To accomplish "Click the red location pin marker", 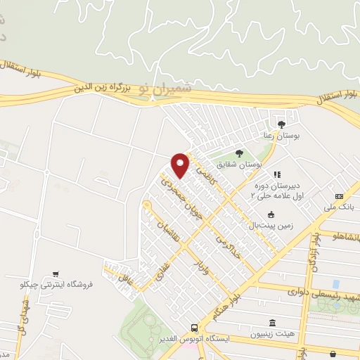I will (181, 165).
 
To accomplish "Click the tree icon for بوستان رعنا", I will (282, 124).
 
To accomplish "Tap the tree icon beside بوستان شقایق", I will (239, 153).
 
